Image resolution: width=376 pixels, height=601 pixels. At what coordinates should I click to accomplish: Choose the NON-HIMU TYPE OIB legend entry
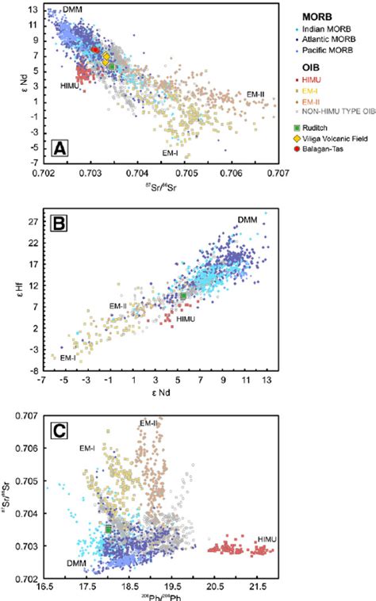(x=336, y=113)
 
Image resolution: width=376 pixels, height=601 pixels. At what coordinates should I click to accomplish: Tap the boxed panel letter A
(x=60, y=147)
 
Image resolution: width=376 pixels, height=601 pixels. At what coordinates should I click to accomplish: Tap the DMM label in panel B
(x=248, y=220)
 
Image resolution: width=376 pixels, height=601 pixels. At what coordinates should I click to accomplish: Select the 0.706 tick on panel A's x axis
(x=231, y=171)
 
